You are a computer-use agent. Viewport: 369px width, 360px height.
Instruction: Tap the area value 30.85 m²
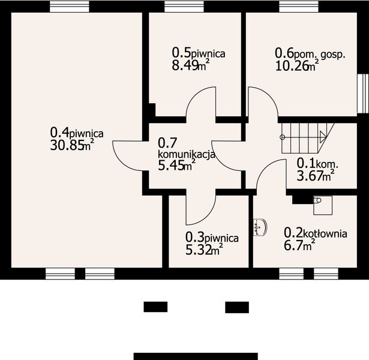(x=71, y=145)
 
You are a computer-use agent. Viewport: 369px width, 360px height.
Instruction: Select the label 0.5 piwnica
(x=198, y=53)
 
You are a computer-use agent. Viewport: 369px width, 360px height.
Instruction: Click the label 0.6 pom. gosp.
(x=310, y=53)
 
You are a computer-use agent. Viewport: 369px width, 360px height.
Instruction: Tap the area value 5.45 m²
(x=176, y=166)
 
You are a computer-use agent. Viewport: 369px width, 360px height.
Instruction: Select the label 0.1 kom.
(x=319, y=163)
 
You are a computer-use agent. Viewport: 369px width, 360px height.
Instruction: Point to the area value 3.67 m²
(x=316, y=175)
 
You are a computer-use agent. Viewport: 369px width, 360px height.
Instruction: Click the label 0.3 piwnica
(x=212, y=238)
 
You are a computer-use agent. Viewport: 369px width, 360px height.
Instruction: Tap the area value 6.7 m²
(x=299, y=245)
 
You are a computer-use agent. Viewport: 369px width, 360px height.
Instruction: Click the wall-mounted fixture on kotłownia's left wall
(x=259, y=227)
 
